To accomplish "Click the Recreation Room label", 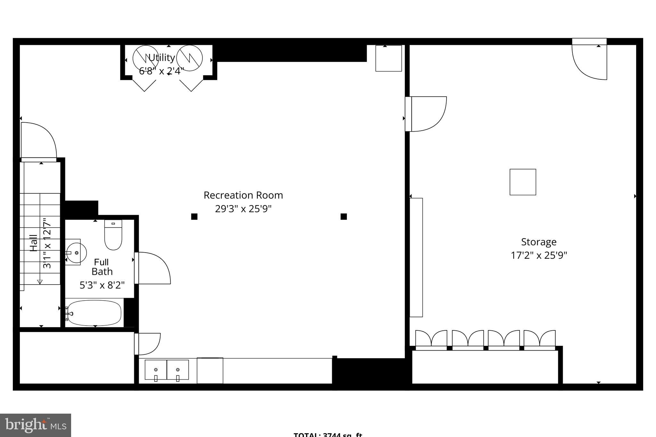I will tap(243, 195).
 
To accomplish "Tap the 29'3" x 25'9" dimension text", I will tap(243, 209).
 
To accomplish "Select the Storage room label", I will tap(538, 242).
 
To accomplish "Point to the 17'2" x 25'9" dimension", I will tap(538, 255).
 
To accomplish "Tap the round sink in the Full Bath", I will tap(76, 252).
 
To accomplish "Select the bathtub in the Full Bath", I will tap(94, 313).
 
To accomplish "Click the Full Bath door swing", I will tap(152, 268).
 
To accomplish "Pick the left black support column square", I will tap(194, 217).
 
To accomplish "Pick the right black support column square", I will tap(344, 217).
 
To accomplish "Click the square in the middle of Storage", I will tap(523, 182).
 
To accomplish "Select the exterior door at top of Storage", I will tap(589, 61).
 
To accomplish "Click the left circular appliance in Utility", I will tap(145, 59).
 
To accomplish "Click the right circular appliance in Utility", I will tap(190, 59).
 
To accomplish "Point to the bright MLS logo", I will tap(35, 425).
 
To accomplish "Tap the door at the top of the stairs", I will tap(38, 141).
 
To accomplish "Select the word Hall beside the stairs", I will tap(34, 243).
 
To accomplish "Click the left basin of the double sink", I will tap(156, 370).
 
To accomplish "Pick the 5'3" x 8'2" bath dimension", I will tap(102, 285).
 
